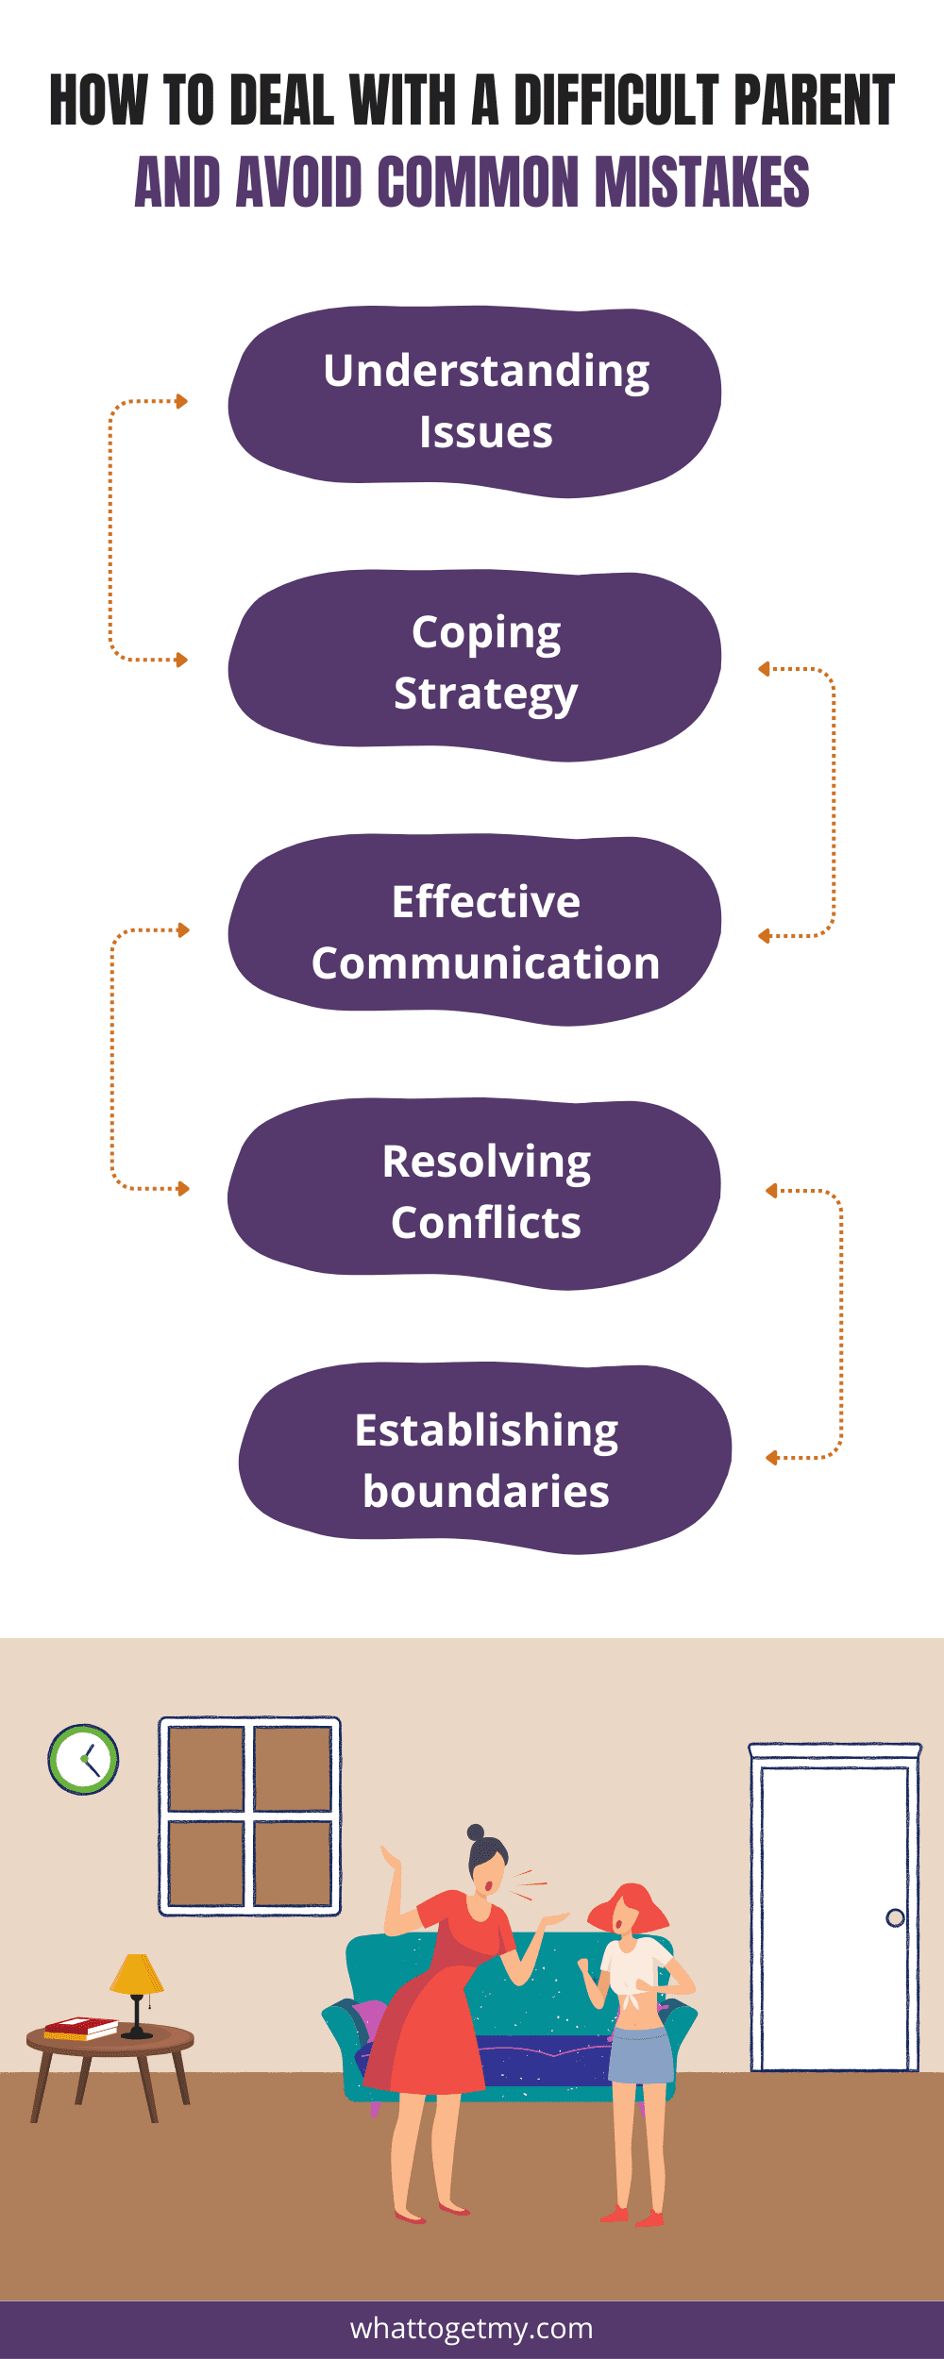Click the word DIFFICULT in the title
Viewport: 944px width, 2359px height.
tap(616, 101)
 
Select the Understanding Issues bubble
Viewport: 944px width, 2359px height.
tap(476, 401)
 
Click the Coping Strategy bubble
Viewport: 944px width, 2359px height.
tap(476, 664)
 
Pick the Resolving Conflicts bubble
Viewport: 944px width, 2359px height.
tap(476, 1193)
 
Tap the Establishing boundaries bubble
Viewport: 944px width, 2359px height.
tap(485, 1458)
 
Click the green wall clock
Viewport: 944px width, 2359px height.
tap(83, 1759)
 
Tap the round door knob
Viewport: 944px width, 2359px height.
tap(895, 1917)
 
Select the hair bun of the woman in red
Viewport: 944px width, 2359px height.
tap(476, 1832)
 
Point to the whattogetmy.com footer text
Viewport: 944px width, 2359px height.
tap(472, 2328)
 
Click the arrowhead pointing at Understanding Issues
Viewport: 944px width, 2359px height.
tap(182, 401)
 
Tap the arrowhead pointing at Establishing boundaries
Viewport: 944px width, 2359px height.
tap(771, 1458)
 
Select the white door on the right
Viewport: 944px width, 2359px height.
tap(834, 1916)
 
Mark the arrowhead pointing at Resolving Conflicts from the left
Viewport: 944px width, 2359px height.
tap(184, 1189)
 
